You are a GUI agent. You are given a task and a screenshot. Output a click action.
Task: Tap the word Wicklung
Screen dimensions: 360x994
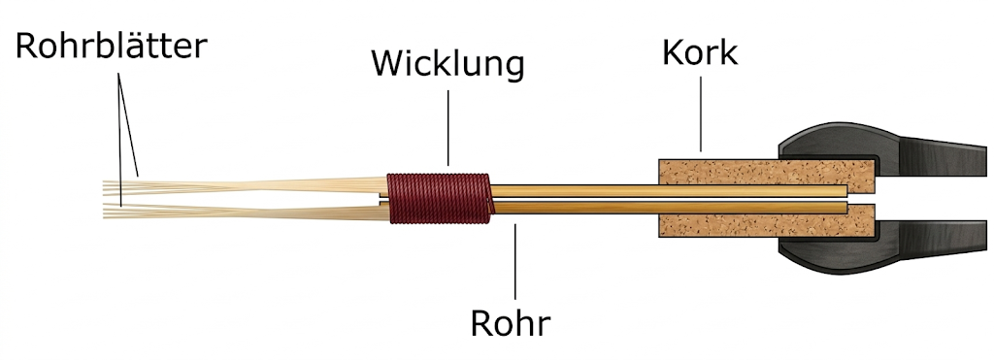pyautogui.click(x=447, y=65)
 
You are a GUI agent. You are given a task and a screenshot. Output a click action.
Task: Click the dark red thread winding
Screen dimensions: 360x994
pyautogui.click(x=438, y=197)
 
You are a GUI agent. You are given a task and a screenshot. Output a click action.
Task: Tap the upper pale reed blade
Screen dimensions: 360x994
pyautogui.click(x=243, y=184)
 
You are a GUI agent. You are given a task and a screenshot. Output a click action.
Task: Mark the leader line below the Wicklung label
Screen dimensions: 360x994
pyautogui.click(x=448, y=126)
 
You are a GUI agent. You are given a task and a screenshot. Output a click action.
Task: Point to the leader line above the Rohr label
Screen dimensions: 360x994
pyautogui.click(x=515, y=262)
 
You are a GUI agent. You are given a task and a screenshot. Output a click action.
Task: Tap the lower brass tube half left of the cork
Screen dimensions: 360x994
pyautogui.click(x=573, y=207)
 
